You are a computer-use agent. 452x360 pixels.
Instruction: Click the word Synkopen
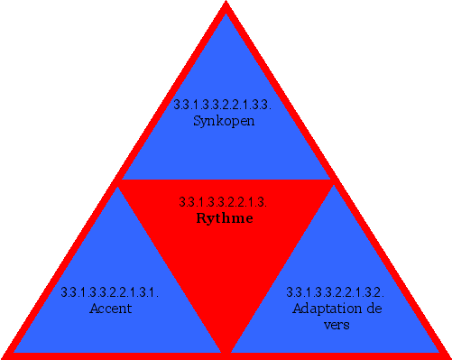click(225, 120)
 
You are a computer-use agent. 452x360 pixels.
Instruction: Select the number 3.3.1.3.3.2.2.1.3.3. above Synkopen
click(223, 105)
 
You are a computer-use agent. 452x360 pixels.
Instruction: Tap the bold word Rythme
click(225, 217)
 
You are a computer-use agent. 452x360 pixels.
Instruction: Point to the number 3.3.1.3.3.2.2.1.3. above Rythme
click(223, 201)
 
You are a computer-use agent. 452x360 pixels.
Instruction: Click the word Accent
click(111, 308)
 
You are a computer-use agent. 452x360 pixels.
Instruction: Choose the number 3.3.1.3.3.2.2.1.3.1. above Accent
click(110, 292)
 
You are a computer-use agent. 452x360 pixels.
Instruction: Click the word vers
click(337, 324)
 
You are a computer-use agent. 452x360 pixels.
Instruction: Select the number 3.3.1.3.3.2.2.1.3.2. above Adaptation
click(336, 292)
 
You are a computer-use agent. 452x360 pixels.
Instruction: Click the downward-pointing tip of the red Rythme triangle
click(226, 349)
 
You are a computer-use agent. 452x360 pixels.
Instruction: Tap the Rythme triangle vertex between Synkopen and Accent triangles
click(118, 181)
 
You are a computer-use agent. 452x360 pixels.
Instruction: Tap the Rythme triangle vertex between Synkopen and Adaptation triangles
click(333, 181)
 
